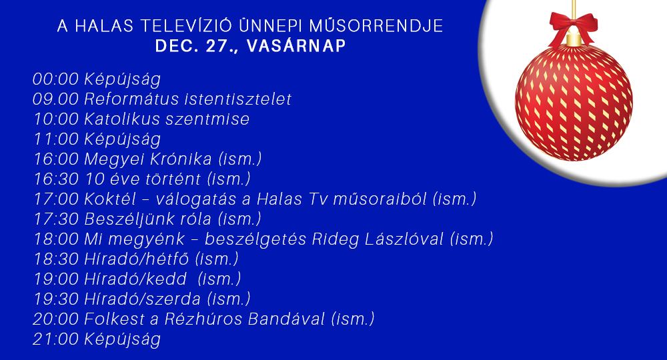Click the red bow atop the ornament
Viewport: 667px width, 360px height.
573,27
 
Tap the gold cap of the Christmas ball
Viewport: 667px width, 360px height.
574,40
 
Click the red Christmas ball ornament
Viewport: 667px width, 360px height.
574,102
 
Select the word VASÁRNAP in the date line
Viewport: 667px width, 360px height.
296,46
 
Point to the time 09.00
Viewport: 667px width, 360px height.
56,99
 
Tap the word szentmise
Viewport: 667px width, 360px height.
207,119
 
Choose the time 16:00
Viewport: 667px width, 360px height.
56,159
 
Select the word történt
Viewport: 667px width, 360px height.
173,179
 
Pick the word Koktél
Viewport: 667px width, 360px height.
111,199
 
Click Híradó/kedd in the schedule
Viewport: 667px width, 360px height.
135,279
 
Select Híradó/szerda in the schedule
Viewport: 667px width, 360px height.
142,299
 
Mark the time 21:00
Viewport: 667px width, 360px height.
56,339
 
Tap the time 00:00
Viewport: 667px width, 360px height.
56,79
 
